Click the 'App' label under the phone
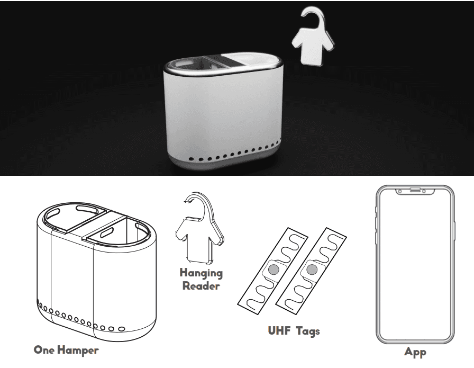(x=415, y=351)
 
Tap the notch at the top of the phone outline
(x=415, y=190)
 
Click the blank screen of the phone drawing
(x=415, y=265)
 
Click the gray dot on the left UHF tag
(x=272, y=270)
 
